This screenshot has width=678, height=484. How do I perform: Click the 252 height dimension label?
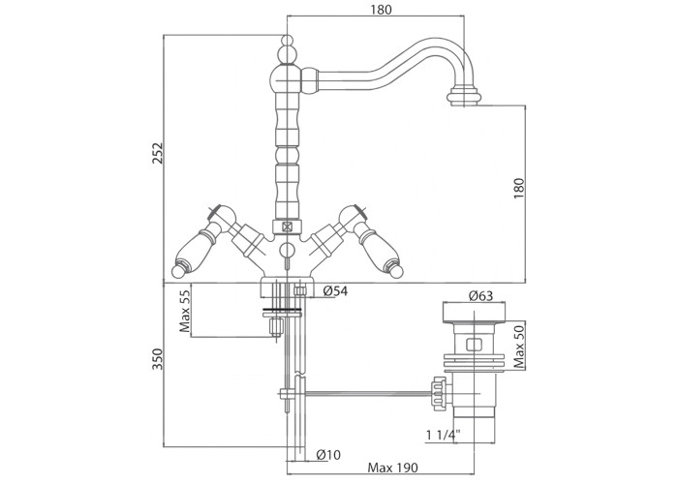pos(159,153)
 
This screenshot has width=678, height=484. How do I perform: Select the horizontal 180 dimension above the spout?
pos(381,11)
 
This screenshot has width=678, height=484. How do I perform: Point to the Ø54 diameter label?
pos(335,291)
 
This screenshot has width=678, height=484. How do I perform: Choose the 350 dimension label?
pos(159,360)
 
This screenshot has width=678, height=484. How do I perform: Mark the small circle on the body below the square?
pos(287,251)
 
